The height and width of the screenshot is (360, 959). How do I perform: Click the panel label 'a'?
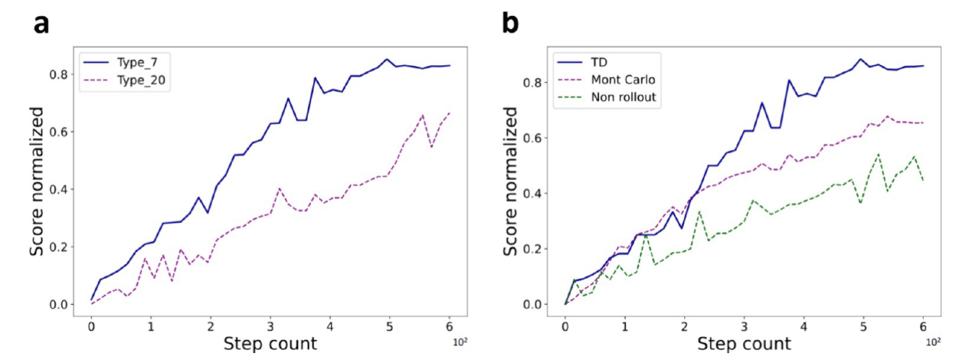point(41,24)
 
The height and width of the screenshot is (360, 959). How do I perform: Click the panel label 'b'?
point(510,24)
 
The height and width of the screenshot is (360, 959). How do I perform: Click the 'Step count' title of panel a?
point(270,344)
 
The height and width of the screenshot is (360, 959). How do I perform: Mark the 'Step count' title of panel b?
point(745,344)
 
